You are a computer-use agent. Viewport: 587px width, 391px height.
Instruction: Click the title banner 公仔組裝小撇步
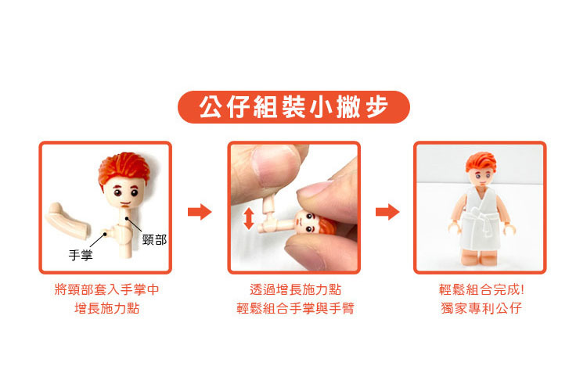(293, 107)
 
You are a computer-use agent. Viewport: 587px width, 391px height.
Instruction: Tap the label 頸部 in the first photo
(154, 240)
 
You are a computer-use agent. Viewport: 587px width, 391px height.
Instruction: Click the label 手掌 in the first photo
(81, 256)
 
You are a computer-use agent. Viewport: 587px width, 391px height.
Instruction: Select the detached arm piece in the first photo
(67, 221)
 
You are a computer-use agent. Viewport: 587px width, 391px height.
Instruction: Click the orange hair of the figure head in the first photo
(124, 168)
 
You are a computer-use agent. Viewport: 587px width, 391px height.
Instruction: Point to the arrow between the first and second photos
(200, 212)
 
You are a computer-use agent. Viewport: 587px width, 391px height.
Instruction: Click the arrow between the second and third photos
(387, 212)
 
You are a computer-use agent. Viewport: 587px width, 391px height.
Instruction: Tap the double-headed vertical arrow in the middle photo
(249, 219)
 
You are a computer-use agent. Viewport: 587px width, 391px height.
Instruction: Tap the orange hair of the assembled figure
(481, 163)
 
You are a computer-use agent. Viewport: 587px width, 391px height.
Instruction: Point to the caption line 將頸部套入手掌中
(106, 289)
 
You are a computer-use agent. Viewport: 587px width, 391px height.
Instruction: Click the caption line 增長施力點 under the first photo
(106, 308)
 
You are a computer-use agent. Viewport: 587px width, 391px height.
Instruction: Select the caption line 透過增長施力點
(295, 289)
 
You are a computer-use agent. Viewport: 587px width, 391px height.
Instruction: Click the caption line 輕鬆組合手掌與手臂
(295, 308)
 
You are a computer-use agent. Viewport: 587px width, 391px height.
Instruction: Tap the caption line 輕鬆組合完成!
(481, 289)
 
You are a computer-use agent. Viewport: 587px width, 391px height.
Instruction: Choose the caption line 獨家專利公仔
(481, 308)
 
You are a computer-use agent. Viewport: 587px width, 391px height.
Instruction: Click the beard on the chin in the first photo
(125, 205)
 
